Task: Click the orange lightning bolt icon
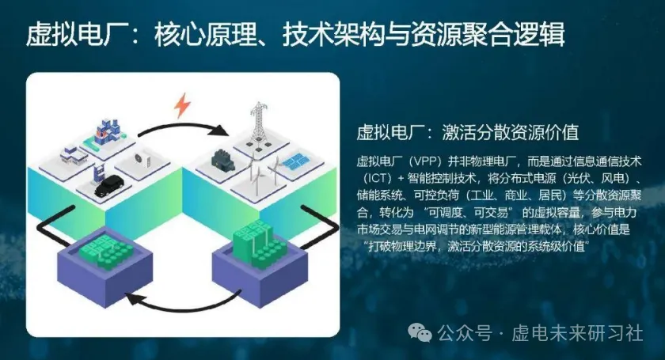[183, 104]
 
